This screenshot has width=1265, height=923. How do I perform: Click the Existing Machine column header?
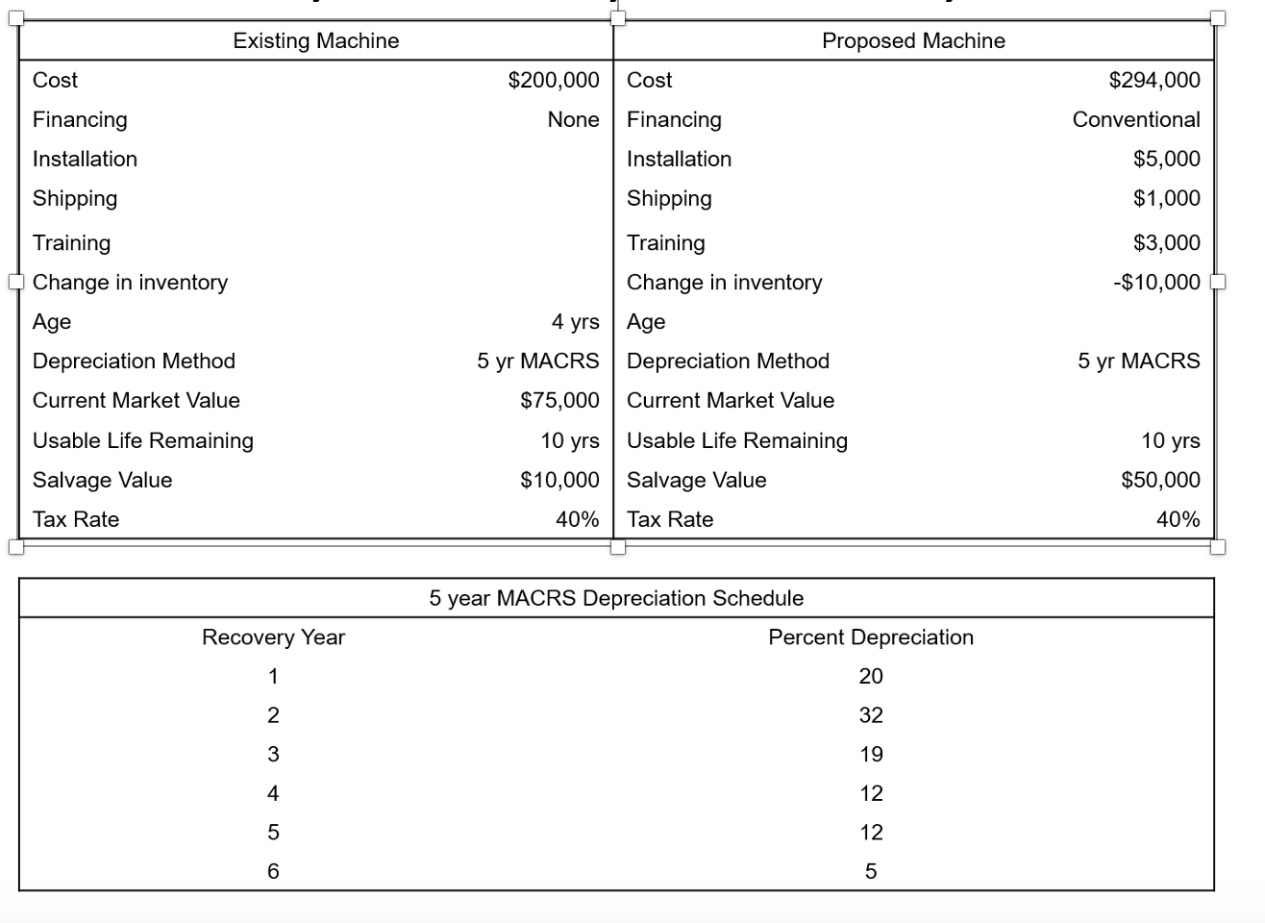click(x=315, y=40)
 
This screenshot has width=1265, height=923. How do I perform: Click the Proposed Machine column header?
click(x=913, y=40)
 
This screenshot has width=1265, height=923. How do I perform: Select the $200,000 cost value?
click(x=554, y=80)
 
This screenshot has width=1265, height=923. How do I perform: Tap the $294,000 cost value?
click(x=1154, y=80)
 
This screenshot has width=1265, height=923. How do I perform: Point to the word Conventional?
click(x=1136, y=119)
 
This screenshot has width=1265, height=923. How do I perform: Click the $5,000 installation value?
click(x=1167, y=159)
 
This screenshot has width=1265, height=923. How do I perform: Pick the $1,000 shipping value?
click(x=1167, y=198)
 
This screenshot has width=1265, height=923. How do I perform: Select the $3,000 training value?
click(x=1167, y=242)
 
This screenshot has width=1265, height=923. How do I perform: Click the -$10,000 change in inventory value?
click(x=1156, y=282)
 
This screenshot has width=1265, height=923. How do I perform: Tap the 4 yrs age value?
click(x=575, y=321)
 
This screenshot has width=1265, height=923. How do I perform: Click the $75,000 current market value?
click(x=559, y=400)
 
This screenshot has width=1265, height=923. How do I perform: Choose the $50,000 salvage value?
click(x=1160, y=480)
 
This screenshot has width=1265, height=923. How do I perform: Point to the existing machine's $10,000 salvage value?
click(x=559, y=480)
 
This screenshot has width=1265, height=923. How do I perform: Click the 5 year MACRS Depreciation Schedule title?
click(x=616, y=598)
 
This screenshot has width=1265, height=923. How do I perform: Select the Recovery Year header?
click(x=273, y=637)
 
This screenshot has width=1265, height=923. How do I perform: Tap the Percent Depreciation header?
click(x=871, y=637)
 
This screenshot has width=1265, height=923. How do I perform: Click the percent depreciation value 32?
click(x=871, y=715)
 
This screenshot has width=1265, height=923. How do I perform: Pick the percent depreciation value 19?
click(x=871, y=755)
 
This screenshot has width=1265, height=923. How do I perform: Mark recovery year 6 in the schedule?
click(x=273, y=871)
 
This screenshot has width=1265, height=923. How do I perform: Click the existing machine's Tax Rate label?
click(x=76, y=519)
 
